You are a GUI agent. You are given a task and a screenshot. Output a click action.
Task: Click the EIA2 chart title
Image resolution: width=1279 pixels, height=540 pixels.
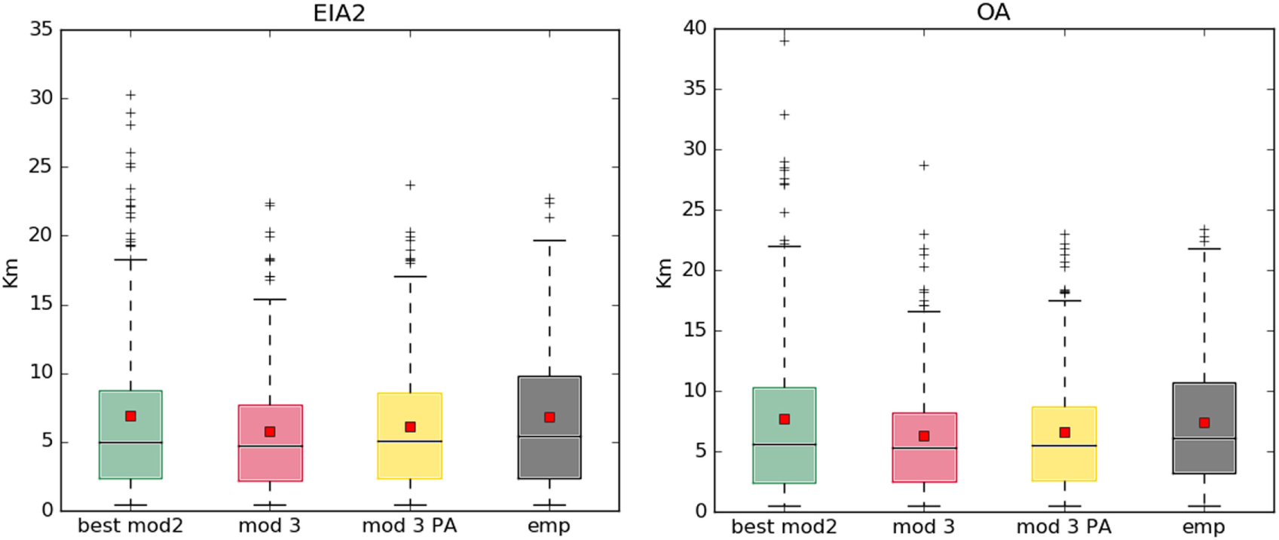[339, 13]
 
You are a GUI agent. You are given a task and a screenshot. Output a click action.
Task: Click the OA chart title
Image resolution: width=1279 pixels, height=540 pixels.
[993, 13]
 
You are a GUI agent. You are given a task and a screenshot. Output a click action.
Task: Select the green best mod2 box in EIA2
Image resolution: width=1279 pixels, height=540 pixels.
[130, 460]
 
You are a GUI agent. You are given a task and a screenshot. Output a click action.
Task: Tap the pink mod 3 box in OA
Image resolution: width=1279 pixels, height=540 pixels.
[924, 464]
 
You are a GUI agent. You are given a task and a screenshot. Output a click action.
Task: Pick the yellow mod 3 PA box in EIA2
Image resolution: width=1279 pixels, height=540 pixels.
[410, 460]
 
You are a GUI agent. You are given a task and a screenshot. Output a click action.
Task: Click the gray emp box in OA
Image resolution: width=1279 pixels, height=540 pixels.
[1204, 453]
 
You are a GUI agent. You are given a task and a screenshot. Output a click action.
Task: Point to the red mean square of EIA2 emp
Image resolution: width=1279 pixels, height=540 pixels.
[549, 417]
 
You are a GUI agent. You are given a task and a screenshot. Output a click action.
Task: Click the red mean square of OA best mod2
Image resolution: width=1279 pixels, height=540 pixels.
[785, 419]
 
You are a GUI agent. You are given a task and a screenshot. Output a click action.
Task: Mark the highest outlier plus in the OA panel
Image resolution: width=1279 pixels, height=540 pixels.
[785, 41]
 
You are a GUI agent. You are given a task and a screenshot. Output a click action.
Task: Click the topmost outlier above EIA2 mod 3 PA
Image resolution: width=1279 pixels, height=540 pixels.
[410, 185]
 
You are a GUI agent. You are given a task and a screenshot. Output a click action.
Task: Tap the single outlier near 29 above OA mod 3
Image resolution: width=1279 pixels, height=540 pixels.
[924, 165]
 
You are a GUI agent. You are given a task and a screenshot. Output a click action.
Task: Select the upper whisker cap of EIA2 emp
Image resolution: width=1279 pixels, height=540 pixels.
[549, 241]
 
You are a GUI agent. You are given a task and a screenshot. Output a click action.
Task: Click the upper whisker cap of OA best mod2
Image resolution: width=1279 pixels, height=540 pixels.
[785, 246]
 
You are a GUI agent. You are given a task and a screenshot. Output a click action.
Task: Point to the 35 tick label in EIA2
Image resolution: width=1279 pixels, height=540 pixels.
[41, 29]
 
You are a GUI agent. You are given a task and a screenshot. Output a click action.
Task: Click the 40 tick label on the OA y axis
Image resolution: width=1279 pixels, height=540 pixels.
[695, 29]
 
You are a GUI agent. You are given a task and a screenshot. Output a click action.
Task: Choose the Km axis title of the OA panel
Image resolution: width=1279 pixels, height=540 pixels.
[663, 272]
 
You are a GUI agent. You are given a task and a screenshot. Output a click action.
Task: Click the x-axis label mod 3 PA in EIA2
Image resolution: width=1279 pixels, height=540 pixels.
[409, 526]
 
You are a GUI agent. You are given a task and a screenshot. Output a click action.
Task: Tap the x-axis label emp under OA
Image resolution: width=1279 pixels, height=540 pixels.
[1204, 526]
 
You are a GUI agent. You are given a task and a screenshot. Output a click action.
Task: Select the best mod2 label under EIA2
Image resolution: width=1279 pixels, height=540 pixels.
[130, 526]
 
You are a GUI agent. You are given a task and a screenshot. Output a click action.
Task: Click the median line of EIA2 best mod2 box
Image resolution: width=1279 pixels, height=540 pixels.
[130, 442]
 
